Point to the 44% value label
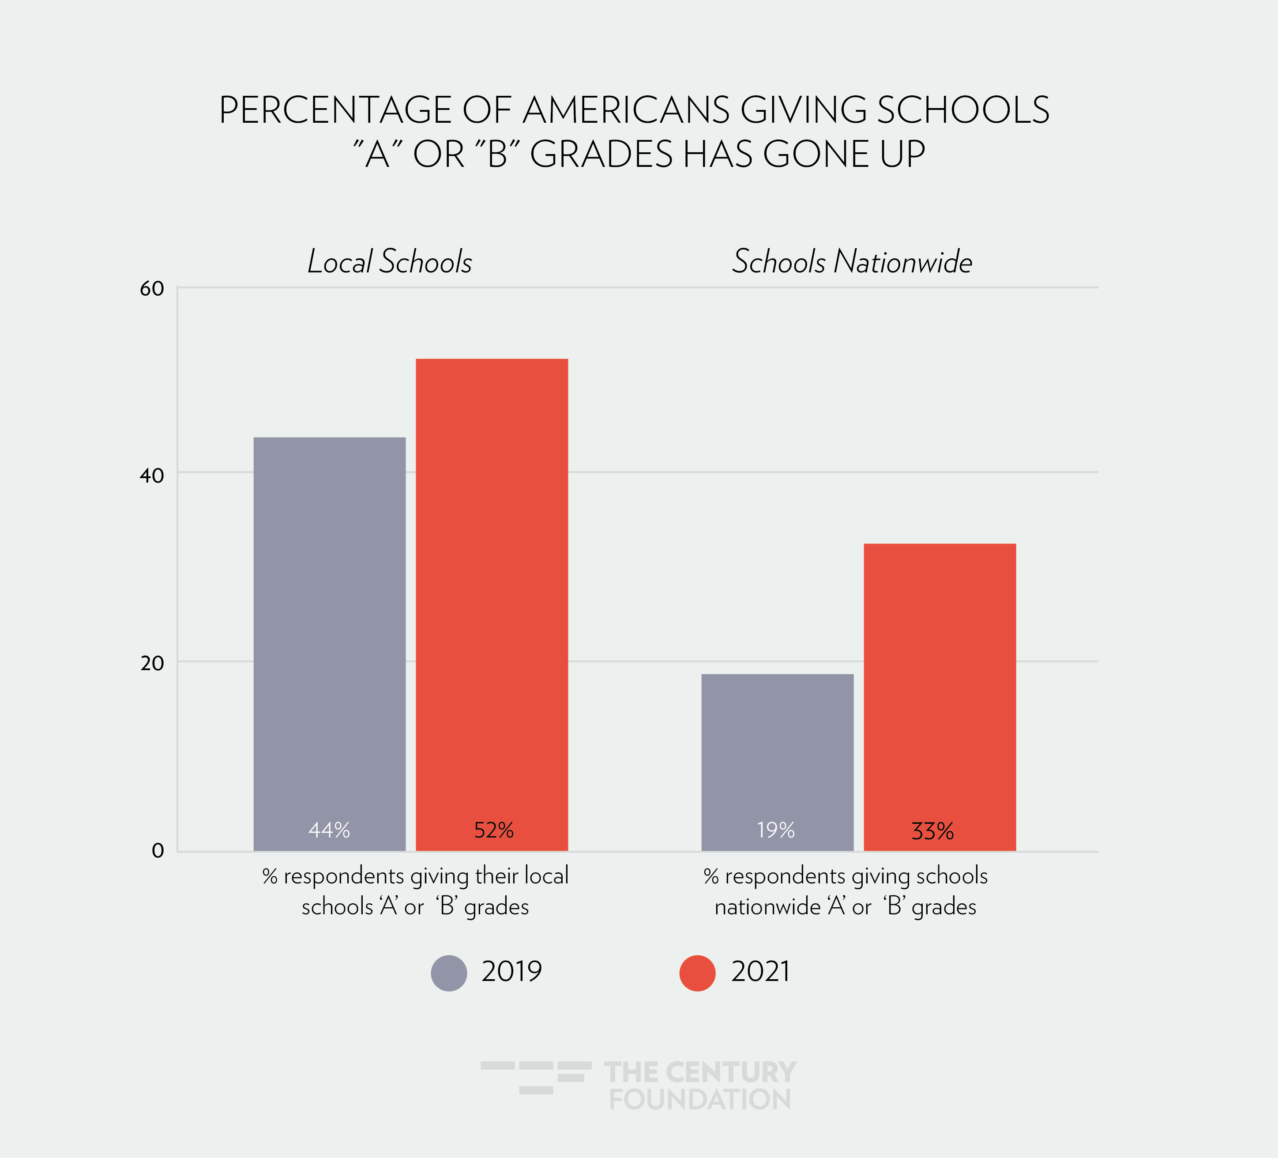329,830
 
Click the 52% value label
494,830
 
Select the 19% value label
776,830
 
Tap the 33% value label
932,831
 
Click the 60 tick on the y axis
152,289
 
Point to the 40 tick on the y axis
152,475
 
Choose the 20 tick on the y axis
152,663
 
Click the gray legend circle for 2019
449,973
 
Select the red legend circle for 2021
697,973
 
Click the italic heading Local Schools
390,261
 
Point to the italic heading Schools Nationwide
852,261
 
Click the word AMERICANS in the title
626,110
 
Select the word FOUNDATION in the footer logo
700,1099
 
